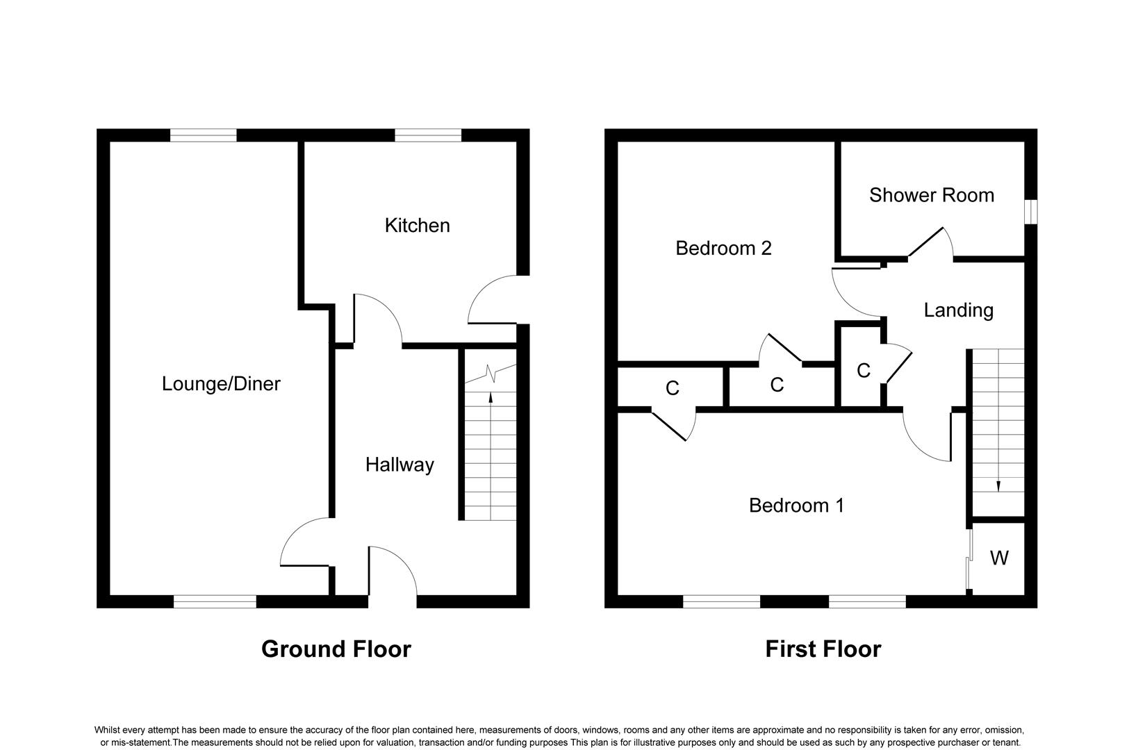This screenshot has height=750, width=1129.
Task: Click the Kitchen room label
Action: pos(418,225)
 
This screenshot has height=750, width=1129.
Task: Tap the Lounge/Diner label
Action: pos(221,384)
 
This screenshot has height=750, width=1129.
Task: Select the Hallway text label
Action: pos(399,465)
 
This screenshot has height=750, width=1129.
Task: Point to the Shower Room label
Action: pos(932,195)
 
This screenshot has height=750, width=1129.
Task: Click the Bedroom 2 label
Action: pos(723,248)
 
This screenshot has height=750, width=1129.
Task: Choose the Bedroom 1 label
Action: pos(796,505)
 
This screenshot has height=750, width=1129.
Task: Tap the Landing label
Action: pos(958,310)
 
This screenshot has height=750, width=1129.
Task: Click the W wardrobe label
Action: pos(999,558)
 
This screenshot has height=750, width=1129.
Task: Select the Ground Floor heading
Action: pos(336,649)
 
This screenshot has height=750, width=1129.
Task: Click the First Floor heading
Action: pos(823,649)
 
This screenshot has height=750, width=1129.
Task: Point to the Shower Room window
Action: pos(1031,212)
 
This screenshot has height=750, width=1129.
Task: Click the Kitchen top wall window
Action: pos(428,135)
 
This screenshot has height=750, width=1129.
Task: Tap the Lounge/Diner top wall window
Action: pos(203,135)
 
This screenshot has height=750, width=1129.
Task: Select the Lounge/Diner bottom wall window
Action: pos(215,601)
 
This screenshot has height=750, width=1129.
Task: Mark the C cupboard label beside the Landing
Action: pos(864,371)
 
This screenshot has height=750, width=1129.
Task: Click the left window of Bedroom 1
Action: pos(721,601)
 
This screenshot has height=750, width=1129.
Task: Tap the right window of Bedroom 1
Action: pos(867,601)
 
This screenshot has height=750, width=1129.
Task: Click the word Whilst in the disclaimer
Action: pos(107,730)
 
